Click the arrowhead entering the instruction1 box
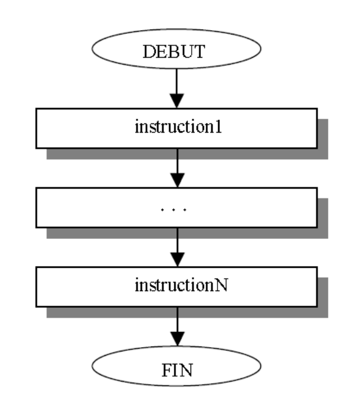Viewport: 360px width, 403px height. (x=177, y=101)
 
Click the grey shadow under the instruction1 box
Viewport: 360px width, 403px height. (x=184, y=154)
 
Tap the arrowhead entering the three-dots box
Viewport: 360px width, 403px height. (x=177, y=180)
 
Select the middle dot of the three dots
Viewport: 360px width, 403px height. (x=176, y=210)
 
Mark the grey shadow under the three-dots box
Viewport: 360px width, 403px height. (x=184, y=233)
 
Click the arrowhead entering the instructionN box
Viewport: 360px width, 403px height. (x=177, y=259)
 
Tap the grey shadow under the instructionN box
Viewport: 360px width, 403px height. (x=184, y=312)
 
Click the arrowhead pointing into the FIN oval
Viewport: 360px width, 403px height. (x=177, y=338)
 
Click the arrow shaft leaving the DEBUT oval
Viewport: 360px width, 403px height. (x=177, y=80)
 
